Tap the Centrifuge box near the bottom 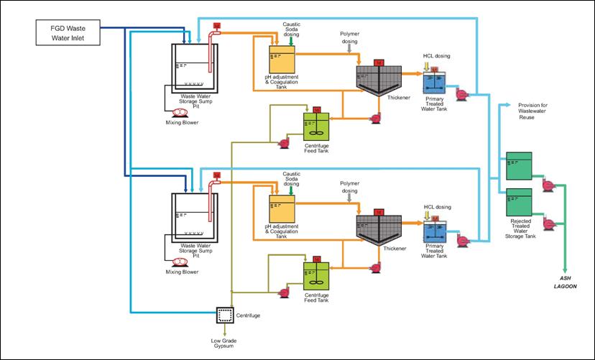[225, 315]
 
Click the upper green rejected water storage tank [519, 166]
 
